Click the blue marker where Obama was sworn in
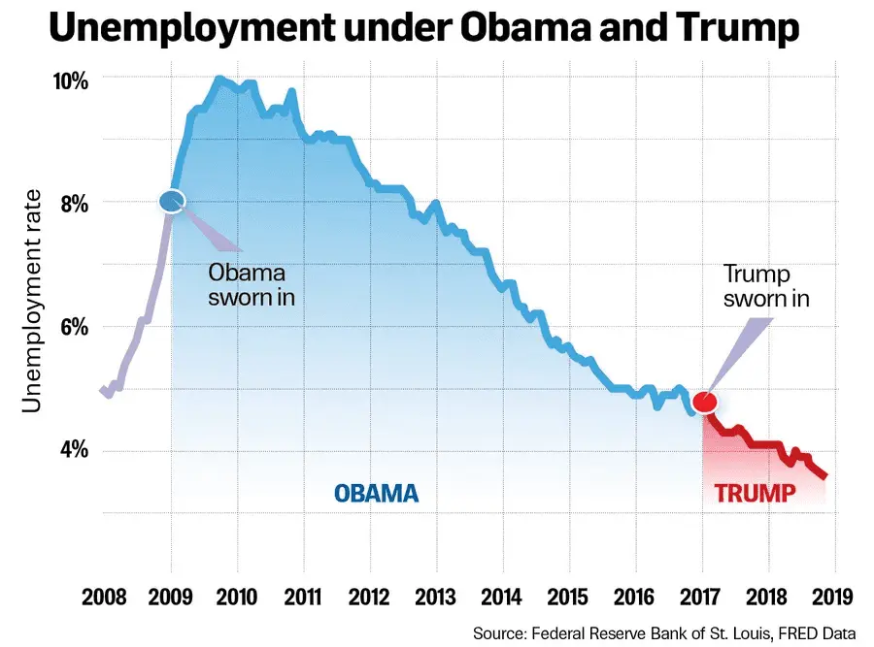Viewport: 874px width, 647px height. click(x=172, y=201)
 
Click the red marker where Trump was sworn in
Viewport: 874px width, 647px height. click(x=705, y=401)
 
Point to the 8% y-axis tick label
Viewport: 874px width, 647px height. click(x=73, y=204)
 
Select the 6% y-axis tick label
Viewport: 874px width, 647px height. click(x=73, y=327)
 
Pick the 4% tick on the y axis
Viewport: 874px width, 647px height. click(x=73, y=450)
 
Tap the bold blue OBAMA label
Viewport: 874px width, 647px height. click(x=377, y=493)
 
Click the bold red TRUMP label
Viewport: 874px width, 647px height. click(x=755, y=493)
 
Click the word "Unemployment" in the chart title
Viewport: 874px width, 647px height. click(x=190, y=28)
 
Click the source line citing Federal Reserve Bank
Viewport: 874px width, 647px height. click(x=664, y=632)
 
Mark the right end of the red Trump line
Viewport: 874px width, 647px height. click(x=825, y=476)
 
